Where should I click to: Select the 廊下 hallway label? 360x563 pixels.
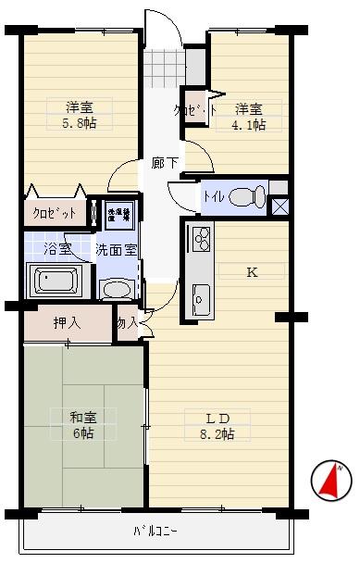point(158,162)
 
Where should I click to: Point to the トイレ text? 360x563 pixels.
point(213,196)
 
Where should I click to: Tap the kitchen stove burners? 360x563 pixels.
point(201,240)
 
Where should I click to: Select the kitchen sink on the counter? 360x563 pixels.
point(201,298)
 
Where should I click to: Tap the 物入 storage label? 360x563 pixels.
point(127,322)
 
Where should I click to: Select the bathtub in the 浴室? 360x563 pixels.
point(57,281)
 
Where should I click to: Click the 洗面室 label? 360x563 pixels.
point(118,250)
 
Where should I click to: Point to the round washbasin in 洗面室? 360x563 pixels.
point(118,289)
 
